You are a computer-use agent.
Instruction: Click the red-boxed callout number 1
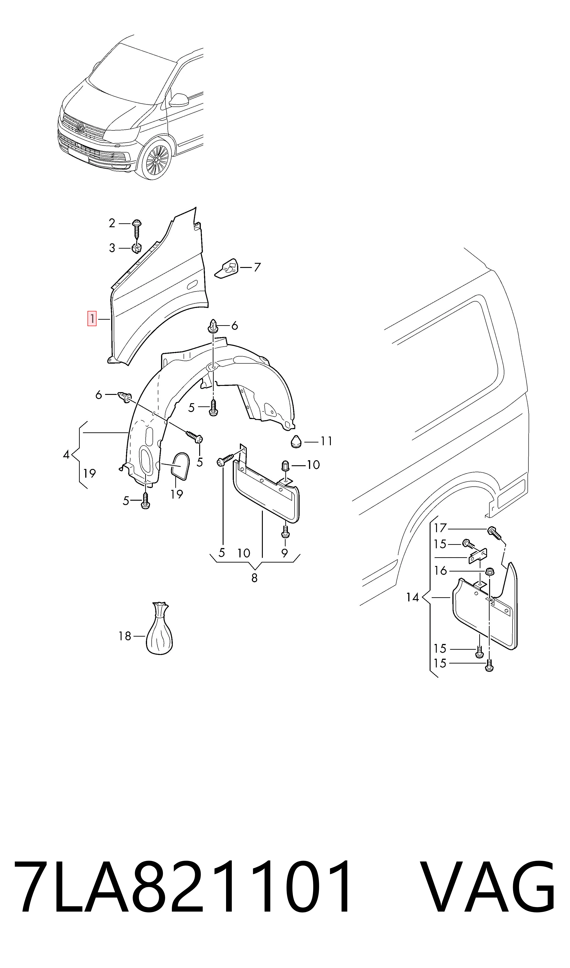click(x=92, y=319)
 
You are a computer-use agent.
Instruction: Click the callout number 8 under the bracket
click(x=254, y=578)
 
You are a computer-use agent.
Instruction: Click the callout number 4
click(x=66, y=455)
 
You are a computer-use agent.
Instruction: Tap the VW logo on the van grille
click(x=80, y=128)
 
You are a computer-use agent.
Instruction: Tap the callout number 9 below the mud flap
click(x=284, y=553)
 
